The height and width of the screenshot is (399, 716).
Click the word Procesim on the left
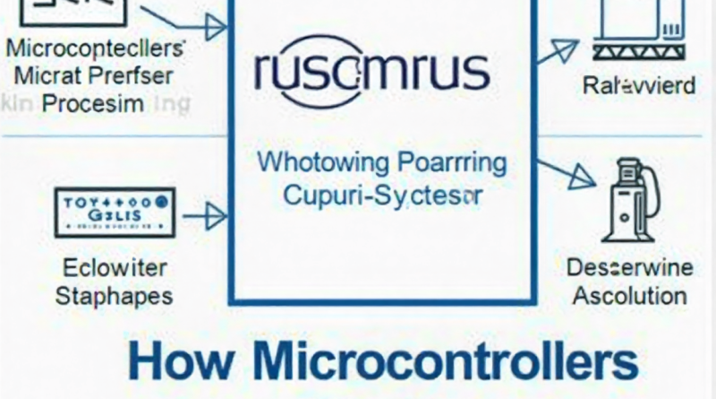[x=93, y=103]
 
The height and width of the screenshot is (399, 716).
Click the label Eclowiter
[x=100, y=268]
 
